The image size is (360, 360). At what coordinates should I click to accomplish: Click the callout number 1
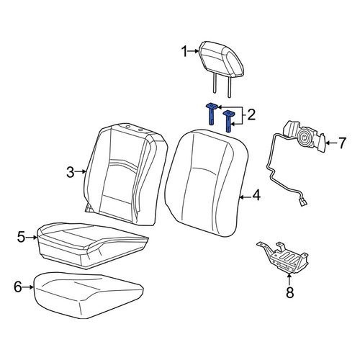coord(184,52)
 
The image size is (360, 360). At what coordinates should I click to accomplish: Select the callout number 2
coord(251,115)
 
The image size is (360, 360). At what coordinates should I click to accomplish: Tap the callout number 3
coord(70,172)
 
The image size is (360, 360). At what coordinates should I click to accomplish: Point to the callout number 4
coord(256,195)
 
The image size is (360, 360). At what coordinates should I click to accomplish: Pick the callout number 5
coord(21,237)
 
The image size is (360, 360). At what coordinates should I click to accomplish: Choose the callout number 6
coord(18,287)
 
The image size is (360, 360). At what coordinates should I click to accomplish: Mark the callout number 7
coord(342,143)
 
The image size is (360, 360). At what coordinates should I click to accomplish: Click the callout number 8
coord(290,292)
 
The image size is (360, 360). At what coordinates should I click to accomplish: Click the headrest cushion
coord(222,60)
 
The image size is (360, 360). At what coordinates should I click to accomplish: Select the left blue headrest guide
coord(212,114)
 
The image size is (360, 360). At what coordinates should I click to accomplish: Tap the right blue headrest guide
coord(228,121)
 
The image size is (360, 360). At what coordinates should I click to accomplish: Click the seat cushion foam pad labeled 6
coord(88,294)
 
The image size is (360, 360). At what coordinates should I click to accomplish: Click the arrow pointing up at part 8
coord(289,279)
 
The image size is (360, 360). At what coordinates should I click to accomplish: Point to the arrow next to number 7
coord(330,143)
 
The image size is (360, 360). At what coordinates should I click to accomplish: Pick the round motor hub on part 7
coord(304,138)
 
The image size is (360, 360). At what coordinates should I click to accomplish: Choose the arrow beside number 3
coord(81,171)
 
